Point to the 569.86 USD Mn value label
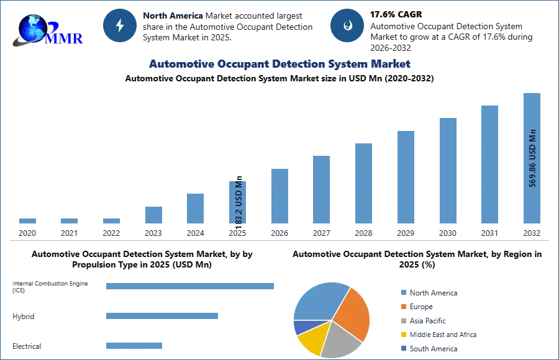point(532,158)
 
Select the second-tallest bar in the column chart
point(489,164)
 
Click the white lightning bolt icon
point(120,25)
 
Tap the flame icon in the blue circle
point(347,25)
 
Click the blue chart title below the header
point(279,64)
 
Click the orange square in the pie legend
point(402,307)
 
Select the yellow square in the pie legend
point(402,334)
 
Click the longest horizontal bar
point(191,287)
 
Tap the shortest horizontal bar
point(134,347)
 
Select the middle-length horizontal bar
point(161,317)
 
